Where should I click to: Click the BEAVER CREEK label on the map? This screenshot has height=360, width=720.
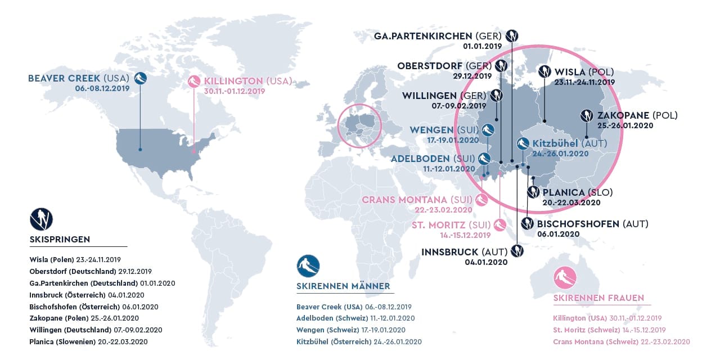tap(79, 78)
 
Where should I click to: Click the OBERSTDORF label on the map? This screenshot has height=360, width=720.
tap(444, 66)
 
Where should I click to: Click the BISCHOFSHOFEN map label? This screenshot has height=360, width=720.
tap(592, 224)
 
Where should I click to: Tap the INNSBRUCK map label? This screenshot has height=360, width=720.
tap(465, 251)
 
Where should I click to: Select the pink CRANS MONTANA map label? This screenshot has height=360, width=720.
tap(417, 200)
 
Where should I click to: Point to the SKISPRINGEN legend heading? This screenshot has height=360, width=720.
tap(60, 240)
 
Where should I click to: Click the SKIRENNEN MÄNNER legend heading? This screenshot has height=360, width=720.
tap(343, 286)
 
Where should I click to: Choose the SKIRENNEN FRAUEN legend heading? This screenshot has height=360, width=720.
tap(598, 298)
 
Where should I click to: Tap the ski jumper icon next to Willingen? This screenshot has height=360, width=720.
tap(496, 96)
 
